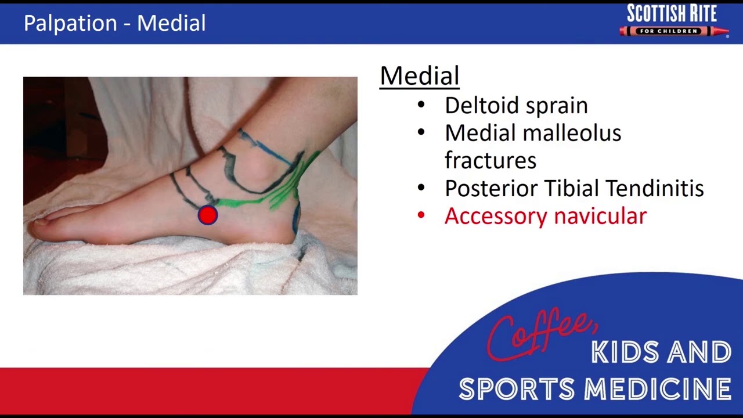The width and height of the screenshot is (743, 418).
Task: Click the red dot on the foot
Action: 207,215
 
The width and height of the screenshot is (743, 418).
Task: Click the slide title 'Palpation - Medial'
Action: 114,23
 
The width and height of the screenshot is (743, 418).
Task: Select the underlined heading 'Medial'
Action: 419,76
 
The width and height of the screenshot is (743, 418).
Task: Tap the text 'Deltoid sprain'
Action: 516,106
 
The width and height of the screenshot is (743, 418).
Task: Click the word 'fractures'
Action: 490,160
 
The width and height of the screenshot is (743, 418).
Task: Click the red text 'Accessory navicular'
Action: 545,216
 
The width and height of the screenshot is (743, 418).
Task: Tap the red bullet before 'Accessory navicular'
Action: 421,216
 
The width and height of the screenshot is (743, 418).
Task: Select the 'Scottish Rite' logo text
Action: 672,13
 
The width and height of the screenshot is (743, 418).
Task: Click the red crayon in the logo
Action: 673,31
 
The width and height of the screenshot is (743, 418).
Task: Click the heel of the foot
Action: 284,232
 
